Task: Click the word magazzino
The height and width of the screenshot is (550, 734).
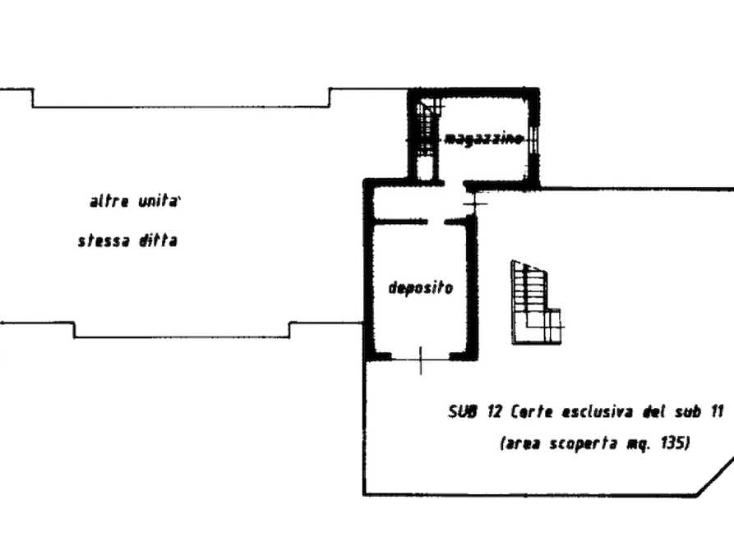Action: click(x=483, y=139)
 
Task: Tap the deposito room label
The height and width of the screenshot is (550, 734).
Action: click(x=421, y=287)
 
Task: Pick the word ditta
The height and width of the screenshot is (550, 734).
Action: click(x=158, y=241)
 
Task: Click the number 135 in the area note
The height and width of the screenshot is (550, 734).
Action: click(x=675, y=442)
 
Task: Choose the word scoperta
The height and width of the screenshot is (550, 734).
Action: click(x=584, y=443)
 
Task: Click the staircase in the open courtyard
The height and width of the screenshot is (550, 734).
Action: click(x=537, y=303)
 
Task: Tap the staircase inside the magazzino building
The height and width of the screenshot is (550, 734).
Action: click(x=427, y=139)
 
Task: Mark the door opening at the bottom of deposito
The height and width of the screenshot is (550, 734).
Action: click(x=420, y=360)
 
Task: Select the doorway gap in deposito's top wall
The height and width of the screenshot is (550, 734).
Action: click(x=436, y=222)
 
